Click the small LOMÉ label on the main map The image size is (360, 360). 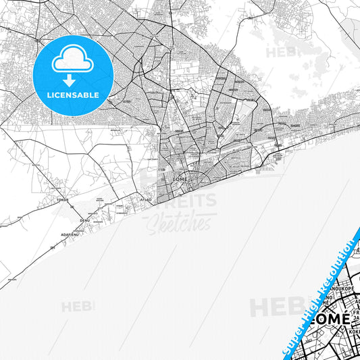click(179, 178)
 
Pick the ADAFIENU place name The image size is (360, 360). click(70, 234)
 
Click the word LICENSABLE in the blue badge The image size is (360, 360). click(73, 95)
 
